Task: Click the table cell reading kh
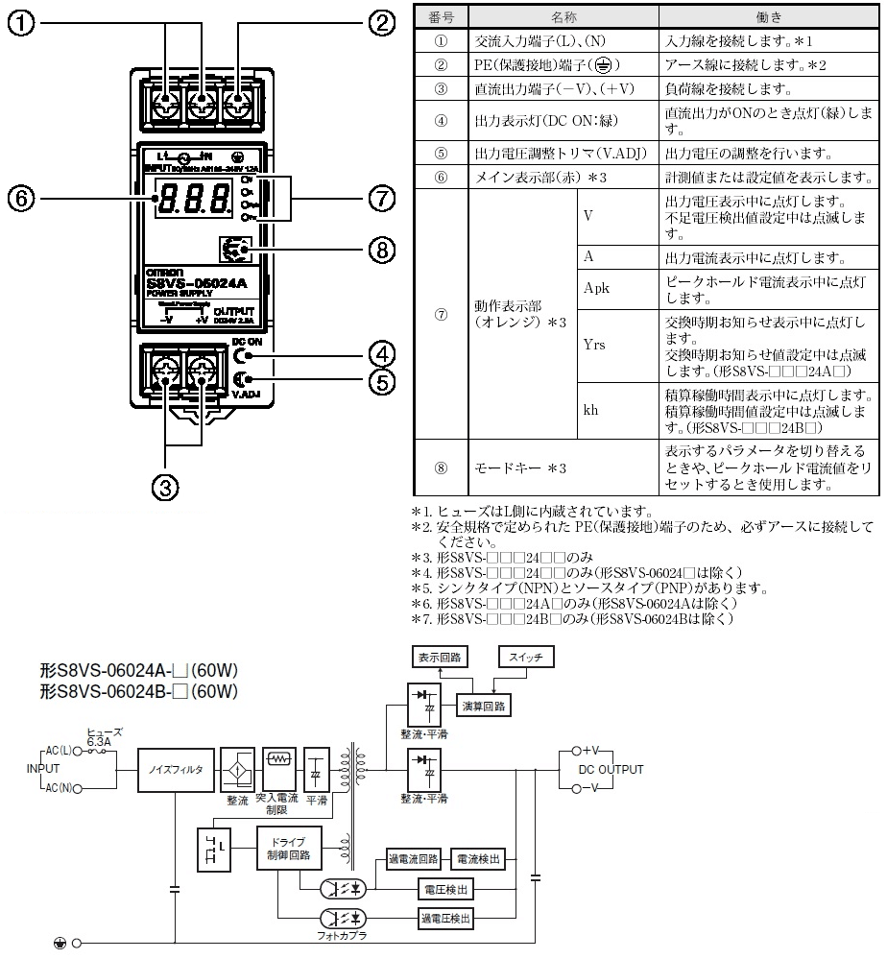pyautogui.click(x=591, y=410)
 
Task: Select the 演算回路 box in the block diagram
pyautogui.click(x=485, y=706)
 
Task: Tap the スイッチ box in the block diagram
pyautogui.click(x=526, y=659)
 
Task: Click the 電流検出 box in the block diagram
pyautogui.click(x=477, y=859)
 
